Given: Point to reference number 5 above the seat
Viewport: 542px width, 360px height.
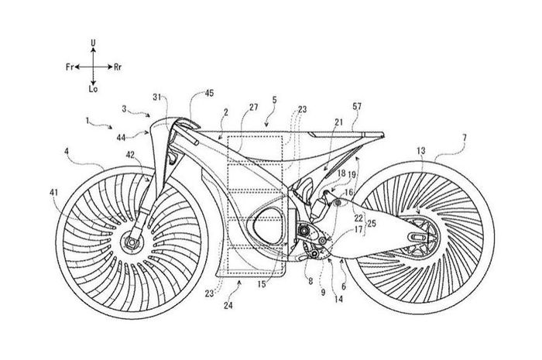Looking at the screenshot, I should click(273, 101).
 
